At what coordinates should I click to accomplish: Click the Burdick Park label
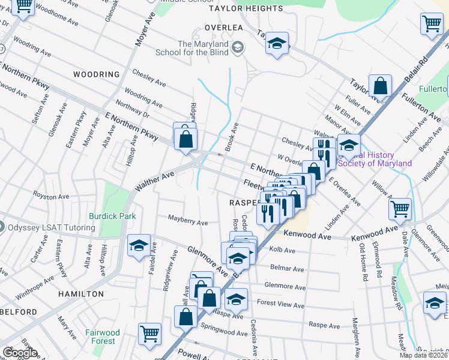(112, 216)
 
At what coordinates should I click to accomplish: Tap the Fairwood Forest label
(102, 337)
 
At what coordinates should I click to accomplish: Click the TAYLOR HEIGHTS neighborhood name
(246, 8)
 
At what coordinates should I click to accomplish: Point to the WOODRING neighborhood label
(97, 74)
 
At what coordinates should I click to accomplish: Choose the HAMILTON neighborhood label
(81, 294)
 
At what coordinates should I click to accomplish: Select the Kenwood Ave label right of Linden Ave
(375, 230)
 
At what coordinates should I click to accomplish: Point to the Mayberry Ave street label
(187, 221)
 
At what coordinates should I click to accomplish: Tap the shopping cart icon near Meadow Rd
(400, 209)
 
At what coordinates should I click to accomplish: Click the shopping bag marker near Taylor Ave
(381, 85)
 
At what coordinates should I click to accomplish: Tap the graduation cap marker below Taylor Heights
(277, 43)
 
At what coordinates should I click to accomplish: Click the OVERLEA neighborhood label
(223, 28)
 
